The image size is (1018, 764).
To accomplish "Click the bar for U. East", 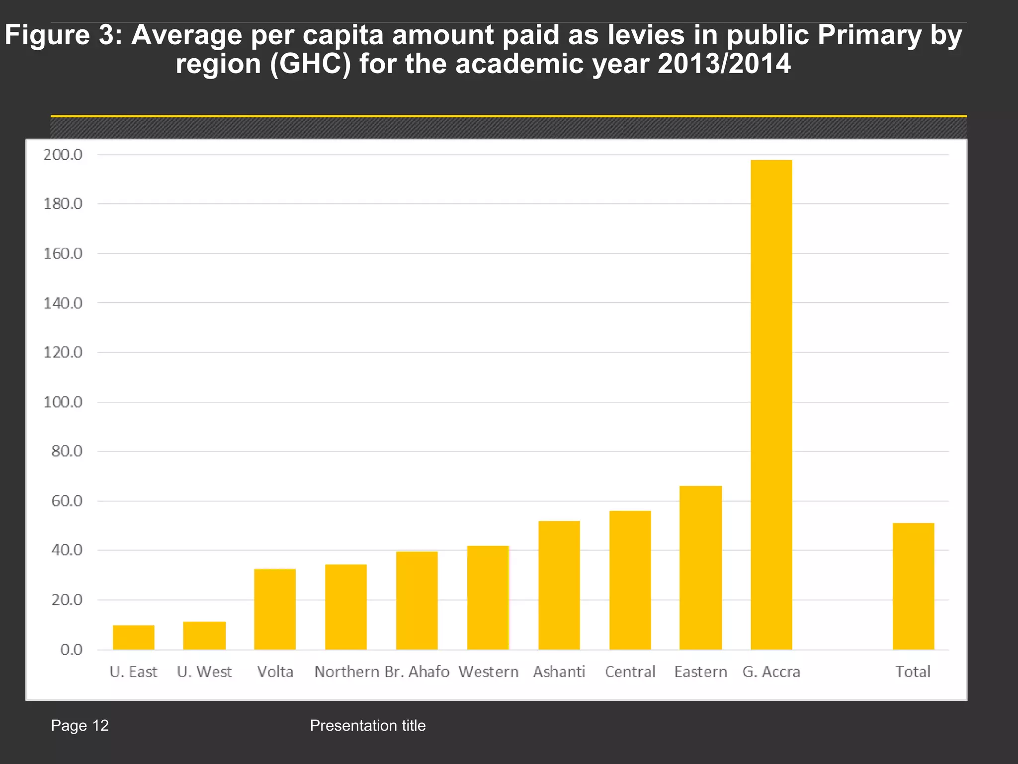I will [x=133, y=637].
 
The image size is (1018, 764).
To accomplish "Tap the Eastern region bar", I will [x=700, y=568].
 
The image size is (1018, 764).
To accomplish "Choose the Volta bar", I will [x=275, y=609].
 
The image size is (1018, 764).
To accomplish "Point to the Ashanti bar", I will [x=559, y=585].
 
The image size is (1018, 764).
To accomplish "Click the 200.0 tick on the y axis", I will [x=63, y=155].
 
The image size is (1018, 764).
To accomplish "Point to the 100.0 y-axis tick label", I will [x=63, y=402].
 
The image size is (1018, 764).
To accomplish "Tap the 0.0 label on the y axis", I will [x=71, y=650].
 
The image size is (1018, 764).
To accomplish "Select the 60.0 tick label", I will [x=67, y=501].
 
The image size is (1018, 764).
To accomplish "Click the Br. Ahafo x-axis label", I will [x=417, y=672].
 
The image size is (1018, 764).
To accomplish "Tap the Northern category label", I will [x=346, y=672].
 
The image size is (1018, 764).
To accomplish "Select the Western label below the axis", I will [x=488, y=672].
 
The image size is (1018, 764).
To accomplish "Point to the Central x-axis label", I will [x=630, y=672].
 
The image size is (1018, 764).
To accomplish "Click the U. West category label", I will [x=204, y=672].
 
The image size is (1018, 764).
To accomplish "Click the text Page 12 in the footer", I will [x=80, y=726].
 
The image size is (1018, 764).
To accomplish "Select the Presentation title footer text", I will [x=367, y=726].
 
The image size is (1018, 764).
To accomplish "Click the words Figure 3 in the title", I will [x=63, y=36].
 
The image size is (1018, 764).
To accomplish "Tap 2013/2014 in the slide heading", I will [x=724, y=64].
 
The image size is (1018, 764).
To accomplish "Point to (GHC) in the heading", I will [x=310, y=64].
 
